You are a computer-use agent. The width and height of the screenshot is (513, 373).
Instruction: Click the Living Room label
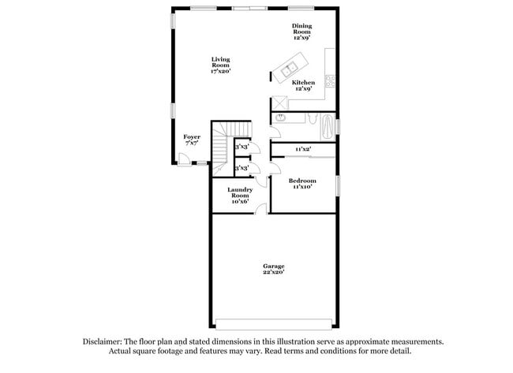[220, 65]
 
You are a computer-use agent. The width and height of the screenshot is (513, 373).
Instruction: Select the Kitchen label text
[304, 85]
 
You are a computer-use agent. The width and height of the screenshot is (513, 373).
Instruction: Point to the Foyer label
[192, 140]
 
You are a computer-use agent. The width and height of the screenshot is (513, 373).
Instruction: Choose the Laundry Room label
[240, 196]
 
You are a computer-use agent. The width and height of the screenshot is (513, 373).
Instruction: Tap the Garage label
[274, 269]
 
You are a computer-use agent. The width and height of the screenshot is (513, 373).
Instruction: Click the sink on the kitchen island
[289, 70]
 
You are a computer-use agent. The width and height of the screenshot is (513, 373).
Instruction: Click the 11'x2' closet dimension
[302, 148]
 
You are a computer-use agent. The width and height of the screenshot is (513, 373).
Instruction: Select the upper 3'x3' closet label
[242, 147]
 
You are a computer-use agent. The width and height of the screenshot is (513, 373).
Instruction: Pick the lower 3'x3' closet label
[242, 168]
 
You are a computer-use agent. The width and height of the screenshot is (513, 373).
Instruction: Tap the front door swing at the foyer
[184, 159]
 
